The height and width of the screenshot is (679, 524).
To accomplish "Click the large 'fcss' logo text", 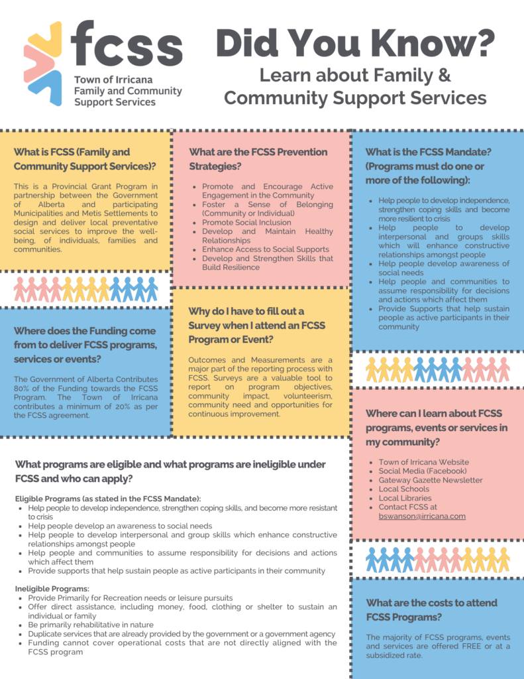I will point(126,44).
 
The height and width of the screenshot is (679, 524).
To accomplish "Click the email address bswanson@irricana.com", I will point(422,516).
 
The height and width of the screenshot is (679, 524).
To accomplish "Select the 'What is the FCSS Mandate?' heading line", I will point(428,151).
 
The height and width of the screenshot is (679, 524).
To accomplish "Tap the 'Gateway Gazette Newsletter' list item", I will point(431,480).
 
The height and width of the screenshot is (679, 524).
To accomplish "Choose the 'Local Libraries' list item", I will point(405,498).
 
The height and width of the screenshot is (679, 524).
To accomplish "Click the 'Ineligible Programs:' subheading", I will point(52,588).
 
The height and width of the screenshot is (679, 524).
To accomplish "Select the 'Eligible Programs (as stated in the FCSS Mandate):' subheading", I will point(108,498).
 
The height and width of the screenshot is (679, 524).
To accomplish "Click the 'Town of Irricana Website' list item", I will point(424,462).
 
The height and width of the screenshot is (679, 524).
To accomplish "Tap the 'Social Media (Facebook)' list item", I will point(423,471).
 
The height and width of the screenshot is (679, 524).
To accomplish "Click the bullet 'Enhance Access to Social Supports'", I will point(265,249).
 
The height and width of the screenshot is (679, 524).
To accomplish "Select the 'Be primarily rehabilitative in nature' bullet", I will point(91,625).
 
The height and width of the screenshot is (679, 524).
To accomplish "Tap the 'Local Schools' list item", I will point(404,489).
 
